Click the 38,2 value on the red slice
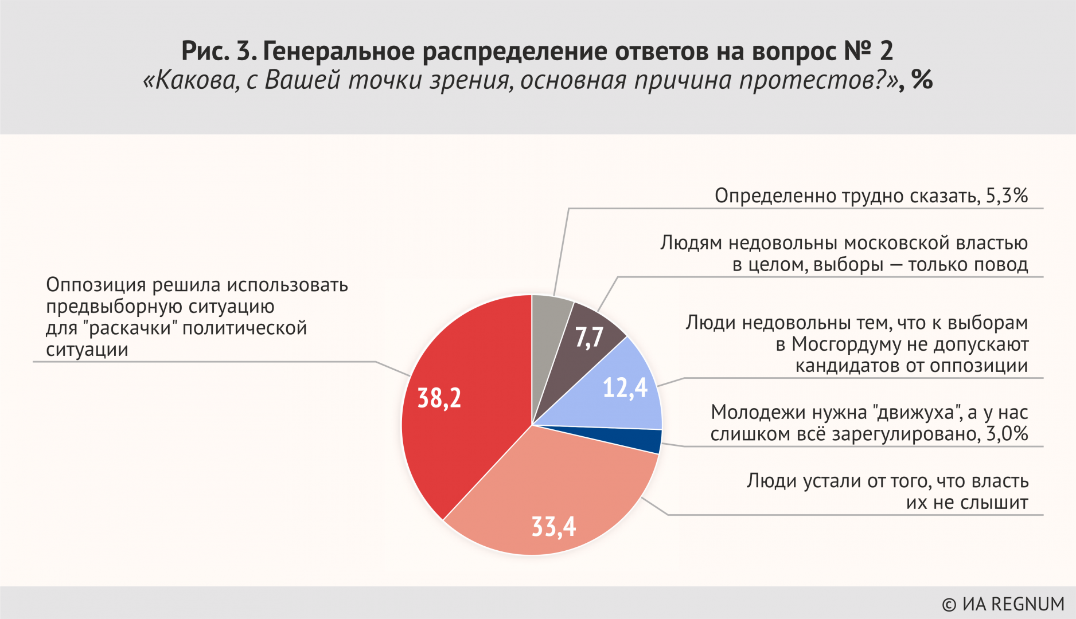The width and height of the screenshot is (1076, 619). click(439, 398)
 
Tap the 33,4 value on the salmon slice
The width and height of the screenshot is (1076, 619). click(553, 526)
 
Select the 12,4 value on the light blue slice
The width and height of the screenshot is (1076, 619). click(625, 388)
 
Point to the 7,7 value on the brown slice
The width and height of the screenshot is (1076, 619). click(589, 337)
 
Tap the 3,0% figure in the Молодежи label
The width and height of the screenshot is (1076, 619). click(1007, 434)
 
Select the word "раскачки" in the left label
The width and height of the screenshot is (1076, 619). click(130, 328)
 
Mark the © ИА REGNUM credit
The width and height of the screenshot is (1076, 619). click(1003, 604)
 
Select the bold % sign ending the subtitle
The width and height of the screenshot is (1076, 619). click(922, 80)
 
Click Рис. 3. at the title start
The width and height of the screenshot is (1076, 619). click(219, 51)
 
